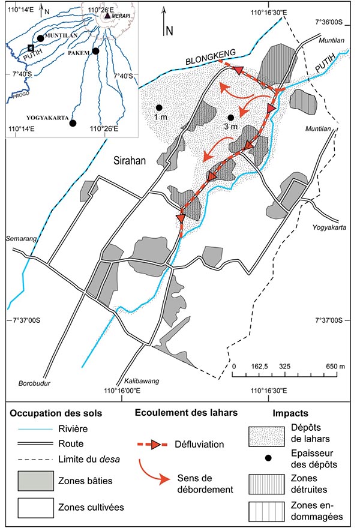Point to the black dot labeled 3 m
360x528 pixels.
tap(230, 117)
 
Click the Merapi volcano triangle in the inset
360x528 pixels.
tap(107, 16)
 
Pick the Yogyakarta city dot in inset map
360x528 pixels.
tap(73, 124)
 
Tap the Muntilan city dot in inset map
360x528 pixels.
tap(40, 38)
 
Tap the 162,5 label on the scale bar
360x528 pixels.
tap(260, 366)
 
